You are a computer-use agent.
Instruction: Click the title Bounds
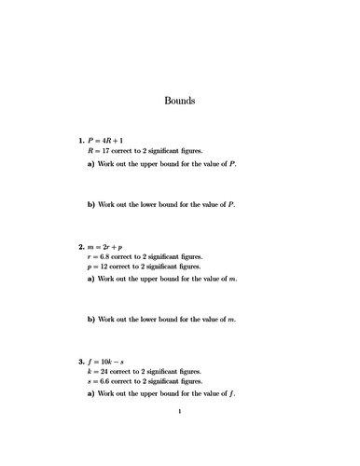click(x=179, y=102)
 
